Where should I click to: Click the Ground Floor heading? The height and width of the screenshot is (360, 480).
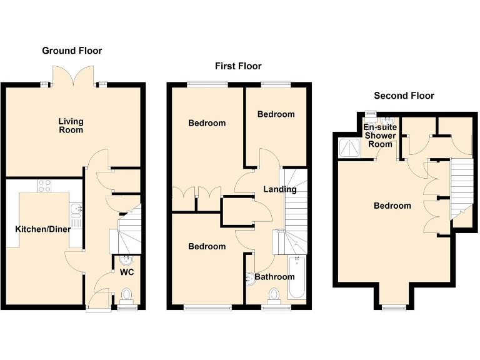click(x=72, y=51)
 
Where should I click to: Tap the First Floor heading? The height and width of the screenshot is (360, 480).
click(x=237, y=66)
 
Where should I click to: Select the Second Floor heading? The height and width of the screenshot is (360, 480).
click(x=404, y=96)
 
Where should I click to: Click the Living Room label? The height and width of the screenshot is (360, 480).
click(x=71, y=126)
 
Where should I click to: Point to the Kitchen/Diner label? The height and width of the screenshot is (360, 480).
click(x=42, y=229)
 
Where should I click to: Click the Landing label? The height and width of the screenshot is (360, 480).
click(x=279, y=189)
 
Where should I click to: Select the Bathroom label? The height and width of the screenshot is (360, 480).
click(x=274, y=277)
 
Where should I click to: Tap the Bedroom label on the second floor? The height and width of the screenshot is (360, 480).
click(x=392, y=206)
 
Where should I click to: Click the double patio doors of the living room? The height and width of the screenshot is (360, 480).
click(x=74, y=75)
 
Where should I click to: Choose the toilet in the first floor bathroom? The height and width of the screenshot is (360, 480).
click(x=273, y=294)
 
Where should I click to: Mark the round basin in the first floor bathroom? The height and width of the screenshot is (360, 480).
click(x=252, y=277)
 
